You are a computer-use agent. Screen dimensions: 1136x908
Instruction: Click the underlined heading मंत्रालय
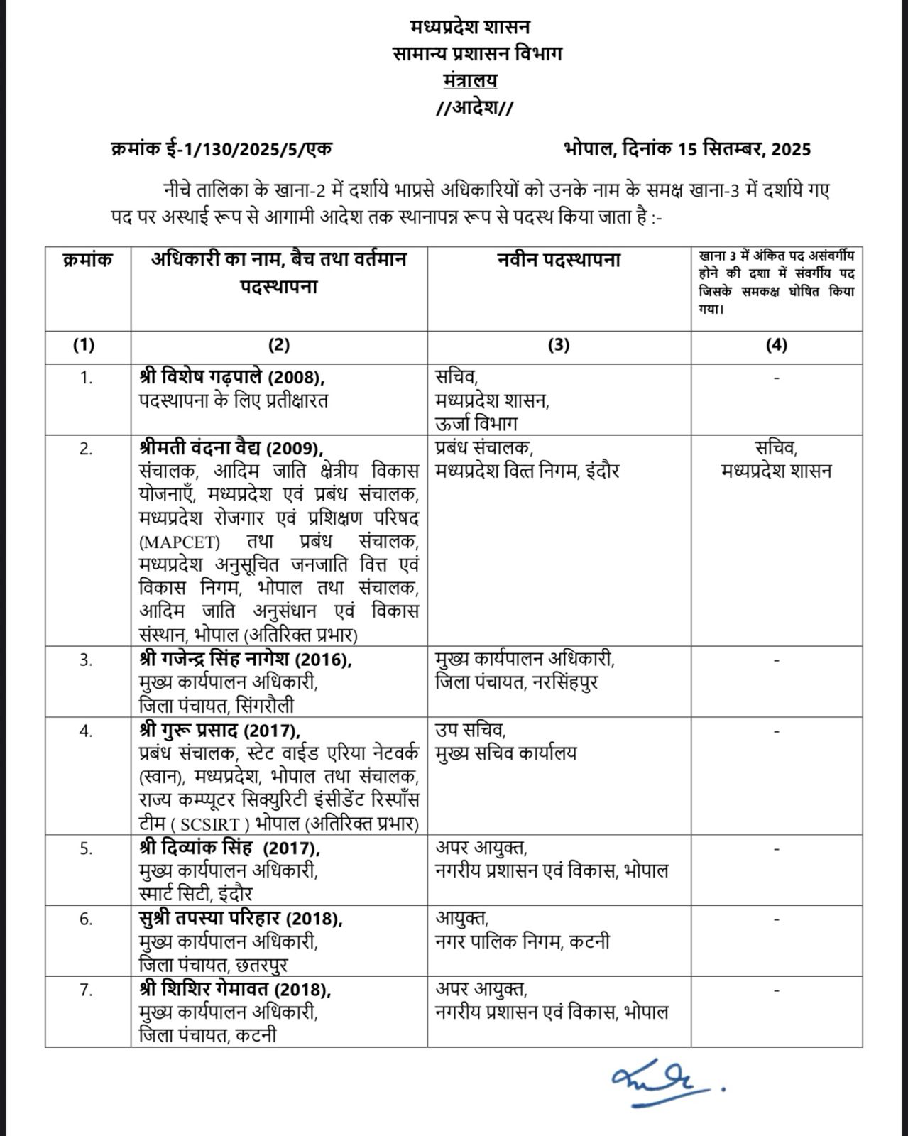click(x=469, y=80)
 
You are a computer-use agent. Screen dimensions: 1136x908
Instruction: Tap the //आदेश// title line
click(x=474, y=109)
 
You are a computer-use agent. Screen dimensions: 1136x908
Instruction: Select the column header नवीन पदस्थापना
click(x=558, y=261)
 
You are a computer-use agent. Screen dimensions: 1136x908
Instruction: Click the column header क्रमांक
click(x=87, y=261)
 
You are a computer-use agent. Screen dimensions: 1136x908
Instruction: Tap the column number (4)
click(x=777, y=346)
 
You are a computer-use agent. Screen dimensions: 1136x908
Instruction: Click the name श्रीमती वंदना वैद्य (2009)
click(x=231, y=449)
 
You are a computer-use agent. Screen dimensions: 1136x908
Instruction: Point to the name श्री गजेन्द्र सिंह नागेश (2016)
click(x=245, y=660)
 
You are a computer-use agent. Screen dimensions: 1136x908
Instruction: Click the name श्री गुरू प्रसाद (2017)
click(x=220, y=731)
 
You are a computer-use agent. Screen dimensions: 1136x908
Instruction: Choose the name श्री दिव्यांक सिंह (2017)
click(x=230, y=848)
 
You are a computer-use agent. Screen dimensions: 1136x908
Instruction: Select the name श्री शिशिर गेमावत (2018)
click(x=236, y=989)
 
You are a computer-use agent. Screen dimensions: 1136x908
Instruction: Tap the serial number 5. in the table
click(x=86, y=848)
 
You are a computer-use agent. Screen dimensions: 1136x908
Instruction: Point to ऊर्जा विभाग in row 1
click(x=476, y=424)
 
